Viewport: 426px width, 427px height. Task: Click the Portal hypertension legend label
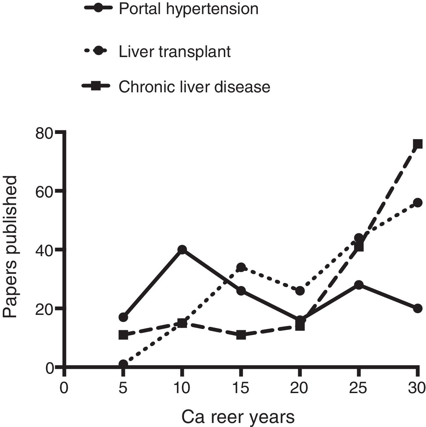pos(188,9)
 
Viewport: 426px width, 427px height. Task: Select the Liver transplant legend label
pos(175,52)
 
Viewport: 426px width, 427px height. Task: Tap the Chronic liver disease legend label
pos(194,87)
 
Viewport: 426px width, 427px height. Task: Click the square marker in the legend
pos(96,87)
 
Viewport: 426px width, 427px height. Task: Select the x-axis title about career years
pos(238,417)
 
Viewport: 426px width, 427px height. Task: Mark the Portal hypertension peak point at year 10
pos(182,249)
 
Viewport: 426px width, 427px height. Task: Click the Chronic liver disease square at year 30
pos(417,144)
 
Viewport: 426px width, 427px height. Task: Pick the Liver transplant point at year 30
pos(418,202)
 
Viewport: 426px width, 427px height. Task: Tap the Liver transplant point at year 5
pos(123,364)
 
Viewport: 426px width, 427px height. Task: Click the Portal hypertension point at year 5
pos(123,317)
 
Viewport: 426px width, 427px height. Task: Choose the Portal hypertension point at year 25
pos(359,285)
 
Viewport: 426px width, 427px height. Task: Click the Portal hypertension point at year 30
pos(417,308)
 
